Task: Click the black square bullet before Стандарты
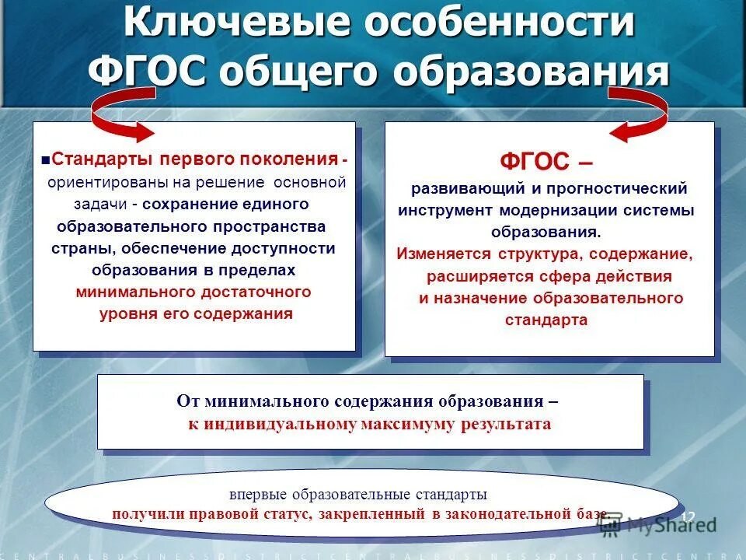click(46, 159)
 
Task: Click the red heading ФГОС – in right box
click(546, 161)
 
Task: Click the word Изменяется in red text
click(444, 254)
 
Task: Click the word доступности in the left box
click(283, 248)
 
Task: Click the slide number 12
click(687, 517)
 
